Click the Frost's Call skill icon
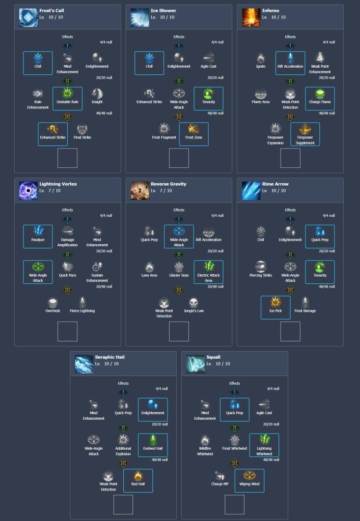coord(29,17)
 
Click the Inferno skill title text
coord(271,10)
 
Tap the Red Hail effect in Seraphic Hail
coord(138,480)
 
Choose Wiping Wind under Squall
coord(250,480)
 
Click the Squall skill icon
coord(196,364)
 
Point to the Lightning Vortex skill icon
coord(29,191)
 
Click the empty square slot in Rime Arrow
coord(290,331)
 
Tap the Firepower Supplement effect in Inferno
coord(305,134)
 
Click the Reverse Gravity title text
coord(169,184)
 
